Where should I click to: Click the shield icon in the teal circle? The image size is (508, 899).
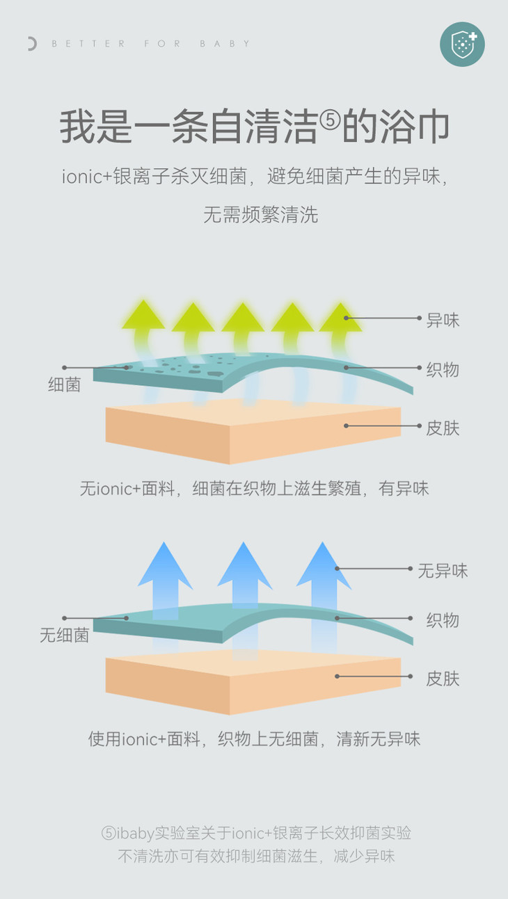pos(462,44)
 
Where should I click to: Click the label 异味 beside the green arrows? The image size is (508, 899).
pos(443,321)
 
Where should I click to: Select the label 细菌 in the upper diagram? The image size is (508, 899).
pos(64,384)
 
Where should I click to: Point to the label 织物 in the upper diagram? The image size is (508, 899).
pos(443,369)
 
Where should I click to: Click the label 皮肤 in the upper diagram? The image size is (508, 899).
pos(443,428)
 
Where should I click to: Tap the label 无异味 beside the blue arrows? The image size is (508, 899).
pos(443,571)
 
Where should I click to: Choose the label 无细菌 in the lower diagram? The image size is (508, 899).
pos(64,635)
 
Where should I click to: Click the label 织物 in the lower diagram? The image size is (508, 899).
pos(443,619)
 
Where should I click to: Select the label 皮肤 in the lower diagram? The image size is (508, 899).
pos(443,678)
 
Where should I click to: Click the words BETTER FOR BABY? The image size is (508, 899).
pos(151,44)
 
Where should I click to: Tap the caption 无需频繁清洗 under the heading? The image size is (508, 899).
pos(260,214)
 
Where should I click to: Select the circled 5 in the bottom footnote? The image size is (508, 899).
pos(108,833)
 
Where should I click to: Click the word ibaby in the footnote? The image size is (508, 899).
pos(134,833)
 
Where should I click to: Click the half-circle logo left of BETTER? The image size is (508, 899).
pos(31,44)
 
